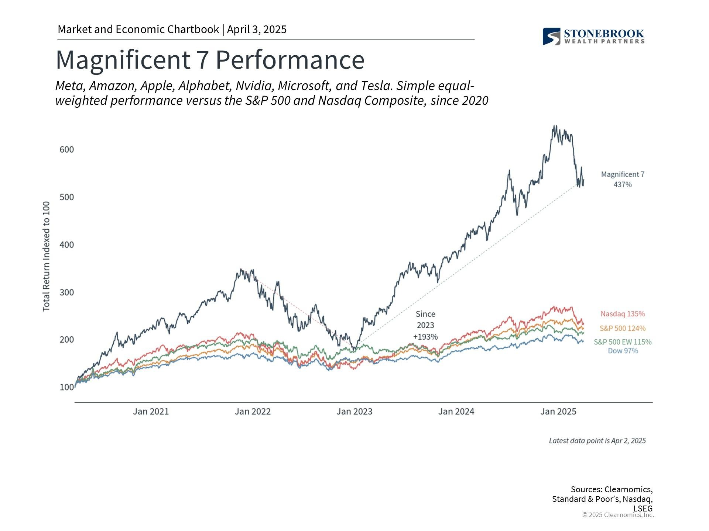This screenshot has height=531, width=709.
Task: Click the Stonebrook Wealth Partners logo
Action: point(593,37)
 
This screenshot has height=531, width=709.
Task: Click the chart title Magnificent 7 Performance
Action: point(210,60)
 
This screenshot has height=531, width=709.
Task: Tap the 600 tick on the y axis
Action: point(67,150)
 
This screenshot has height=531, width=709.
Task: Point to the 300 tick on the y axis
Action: point(67,292)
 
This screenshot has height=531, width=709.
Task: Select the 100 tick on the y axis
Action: point(67,387)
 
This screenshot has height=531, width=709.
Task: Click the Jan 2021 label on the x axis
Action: point(151,412)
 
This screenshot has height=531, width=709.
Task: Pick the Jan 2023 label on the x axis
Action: point(354,412)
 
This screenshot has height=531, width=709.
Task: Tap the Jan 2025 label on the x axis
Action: point(558,412)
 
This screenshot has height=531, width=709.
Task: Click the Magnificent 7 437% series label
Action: point(623,179)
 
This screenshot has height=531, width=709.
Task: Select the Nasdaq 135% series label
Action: point(623,314)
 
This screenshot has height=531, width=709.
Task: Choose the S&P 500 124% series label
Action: point(623,328)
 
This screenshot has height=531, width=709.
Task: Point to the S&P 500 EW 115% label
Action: point(623,342)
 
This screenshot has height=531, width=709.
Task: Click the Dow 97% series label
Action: point(623,351)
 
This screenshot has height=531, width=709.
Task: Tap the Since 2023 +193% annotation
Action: point(425,325)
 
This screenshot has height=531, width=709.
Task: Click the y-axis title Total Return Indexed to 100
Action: point(46,256)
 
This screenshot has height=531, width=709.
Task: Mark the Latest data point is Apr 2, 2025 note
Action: point(597,441)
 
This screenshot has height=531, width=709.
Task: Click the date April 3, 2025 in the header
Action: point(257,29)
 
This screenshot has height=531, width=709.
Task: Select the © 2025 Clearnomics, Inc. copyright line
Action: point(618,515)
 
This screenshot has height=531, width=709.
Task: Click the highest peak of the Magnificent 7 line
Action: point(554,126)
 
